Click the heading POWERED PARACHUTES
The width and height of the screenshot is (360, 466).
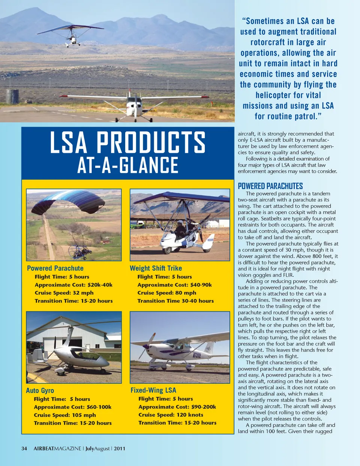pyautogui.click(x=270, y=186)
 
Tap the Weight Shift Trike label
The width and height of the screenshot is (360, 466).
pyautogui.click(x=156, y=268)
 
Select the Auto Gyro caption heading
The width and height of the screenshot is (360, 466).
pyautogui.click(x=40, y=391)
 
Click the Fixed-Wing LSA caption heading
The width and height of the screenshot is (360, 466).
pyautogui.click(x=153, y=390)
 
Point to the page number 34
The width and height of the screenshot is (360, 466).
pyautogui.click(x=24, y=448)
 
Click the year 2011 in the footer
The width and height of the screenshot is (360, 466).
pyautogui.click(x=120, y=448)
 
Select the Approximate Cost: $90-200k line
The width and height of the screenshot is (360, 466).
pyautogui.click(x=177, y=407)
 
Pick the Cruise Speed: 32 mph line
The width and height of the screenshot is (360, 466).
pyautogui.click(x=64, y=293)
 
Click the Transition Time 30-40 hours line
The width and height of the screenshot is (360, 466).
pyautogui.click(x=175, y=301)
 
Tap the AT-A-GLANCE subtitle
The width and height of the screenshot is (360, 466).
pyautogui.click(x=127, y=165)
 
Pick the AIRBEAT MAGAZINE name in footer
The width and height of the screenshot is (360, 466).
pyautogui.click(x=57, y=448)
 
